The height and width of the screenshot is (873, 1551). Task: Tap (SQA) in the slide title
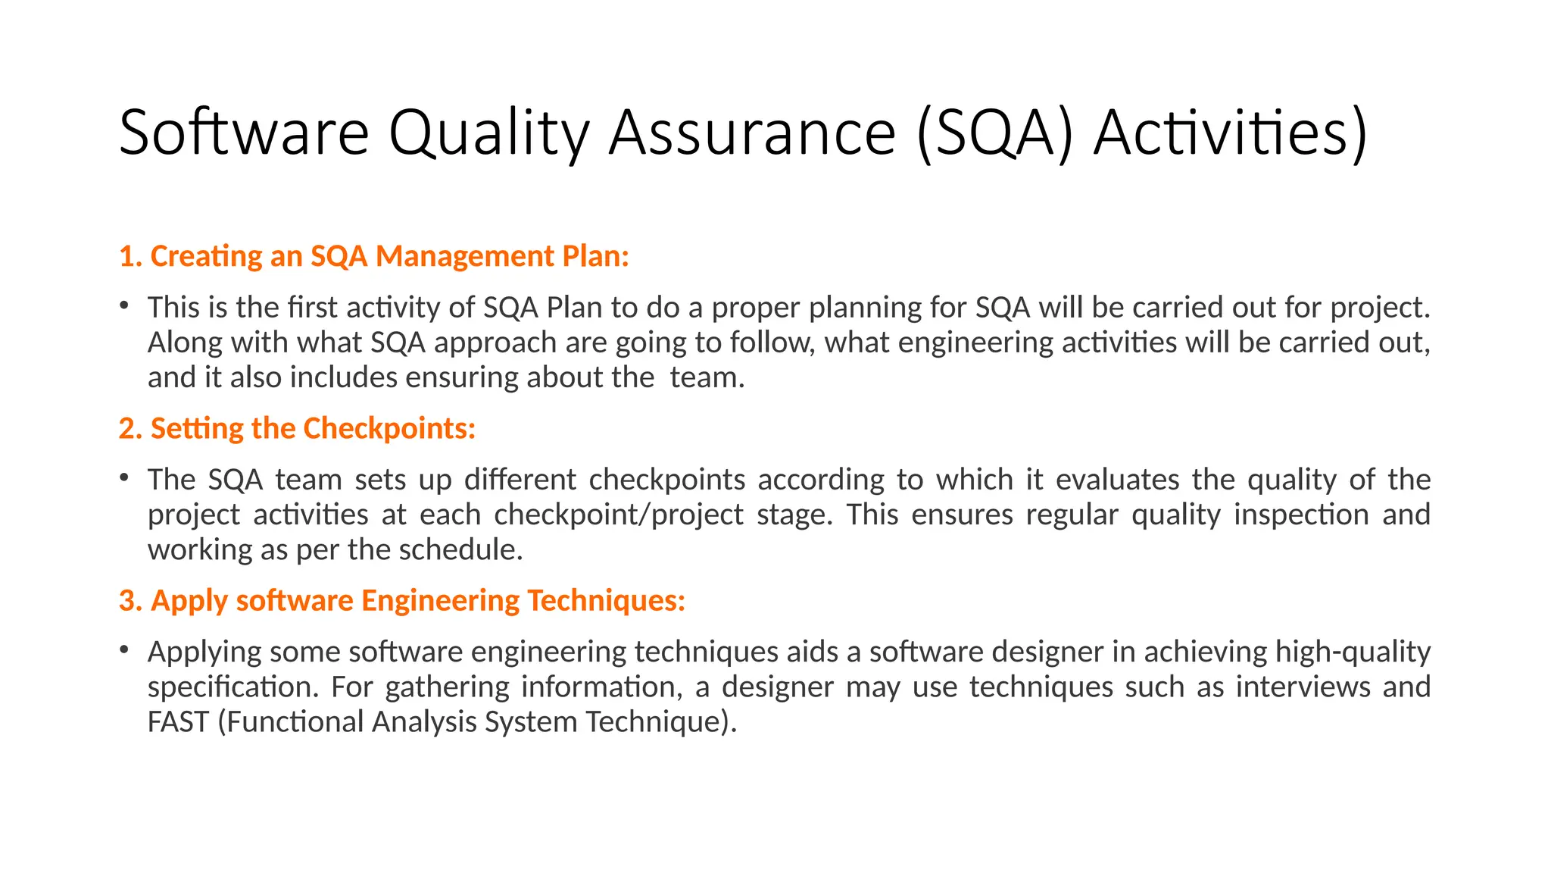994,133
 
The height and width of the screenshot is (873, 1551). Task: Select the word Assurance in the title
752,133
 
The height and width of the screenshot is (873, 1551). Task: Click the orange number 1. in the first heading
130,256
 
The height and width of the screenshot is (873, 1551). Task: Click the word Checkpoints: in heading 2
389,428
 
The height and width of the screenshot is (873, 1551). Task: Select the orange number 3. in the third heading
130,600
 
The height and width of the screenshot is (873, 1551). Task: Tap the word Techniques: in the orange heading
606,600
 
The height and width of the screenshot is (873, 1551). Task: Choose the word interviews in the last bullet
1302,687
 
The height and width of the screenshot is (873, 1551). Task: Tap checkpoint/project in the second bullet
619,515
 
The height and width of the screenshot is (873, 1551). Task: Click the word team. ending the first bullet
707,377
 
